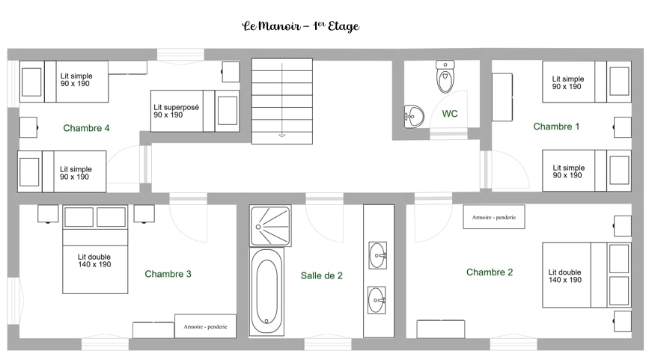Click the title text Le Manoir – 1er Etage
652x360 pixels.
[301, 26]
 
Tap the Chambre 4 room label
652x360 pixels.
[86, 128]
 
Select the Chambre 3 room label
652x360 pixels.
[168, 274]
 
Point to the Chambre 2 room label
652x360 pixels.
[490, 272]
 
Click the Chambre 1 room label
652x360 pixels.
[556, 126]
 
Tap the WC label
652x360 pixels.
[449, 114]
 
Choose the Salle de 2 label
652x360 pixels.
[321, 275]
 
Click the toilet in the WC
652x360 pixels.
[445, 76]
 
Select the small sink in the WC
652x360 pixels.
[414, 116]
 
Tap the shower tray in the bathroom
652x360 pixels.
[270, 226]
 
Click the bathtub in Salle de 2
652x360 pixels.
[267, 291]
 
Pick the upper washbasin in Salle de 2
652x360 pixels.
[377, 255]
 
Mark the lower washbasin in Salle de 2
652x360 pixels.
[377, 299]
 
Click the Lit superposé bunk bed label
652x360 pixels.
[177, 111]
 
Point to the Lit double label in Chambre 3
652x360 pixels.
[94, 260]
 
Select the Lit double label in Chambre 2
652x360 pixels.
[564, 276]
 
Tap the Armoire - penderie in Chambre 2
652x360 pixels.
[494, 216]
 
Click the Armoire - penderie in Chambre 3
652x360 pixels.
[205, 326]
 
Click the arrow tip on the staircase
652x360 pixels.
[282, 136]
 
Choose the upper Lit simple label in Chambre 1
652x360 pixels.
[567, 83]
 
